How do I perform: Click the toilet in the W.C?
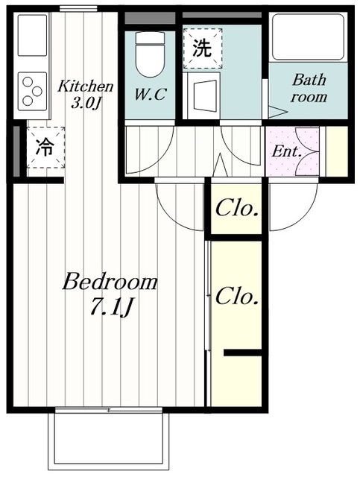[x=150, y=54]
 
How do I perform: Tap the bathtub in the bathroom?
[x=309, y=37]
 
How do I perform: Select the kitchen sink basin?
[x=32, y=35]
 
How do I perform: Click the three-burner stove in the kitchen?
[x=32, y=92]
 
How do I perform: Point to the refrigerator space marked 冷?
[x=45, y=148]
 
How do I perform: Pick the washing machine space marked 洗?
[x=203, y=48]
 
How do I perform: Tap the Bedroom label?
[x=110, y=282]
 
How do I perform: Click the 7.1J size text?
[x=111, y=307]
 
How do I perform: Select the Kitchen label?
[x=86, y=86]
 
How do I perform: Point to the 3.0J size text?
[x=85, y=104]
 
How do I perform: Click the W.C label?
[x=150, y=95]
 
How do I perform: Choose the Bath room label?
[x=309, y=88]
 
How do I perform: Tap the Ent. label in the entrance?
[x=287, y=151]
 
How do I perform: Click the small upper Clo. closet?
[x=236, y=209]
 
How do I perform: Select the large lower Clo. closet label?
[x=237, y=297]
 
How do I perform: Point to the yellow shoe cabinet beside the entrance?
[x=337, y=151]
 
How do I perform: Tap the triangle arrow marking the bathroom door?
[x=278, y=112]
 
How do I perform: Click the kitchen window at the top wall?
[x=78, y=9]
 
